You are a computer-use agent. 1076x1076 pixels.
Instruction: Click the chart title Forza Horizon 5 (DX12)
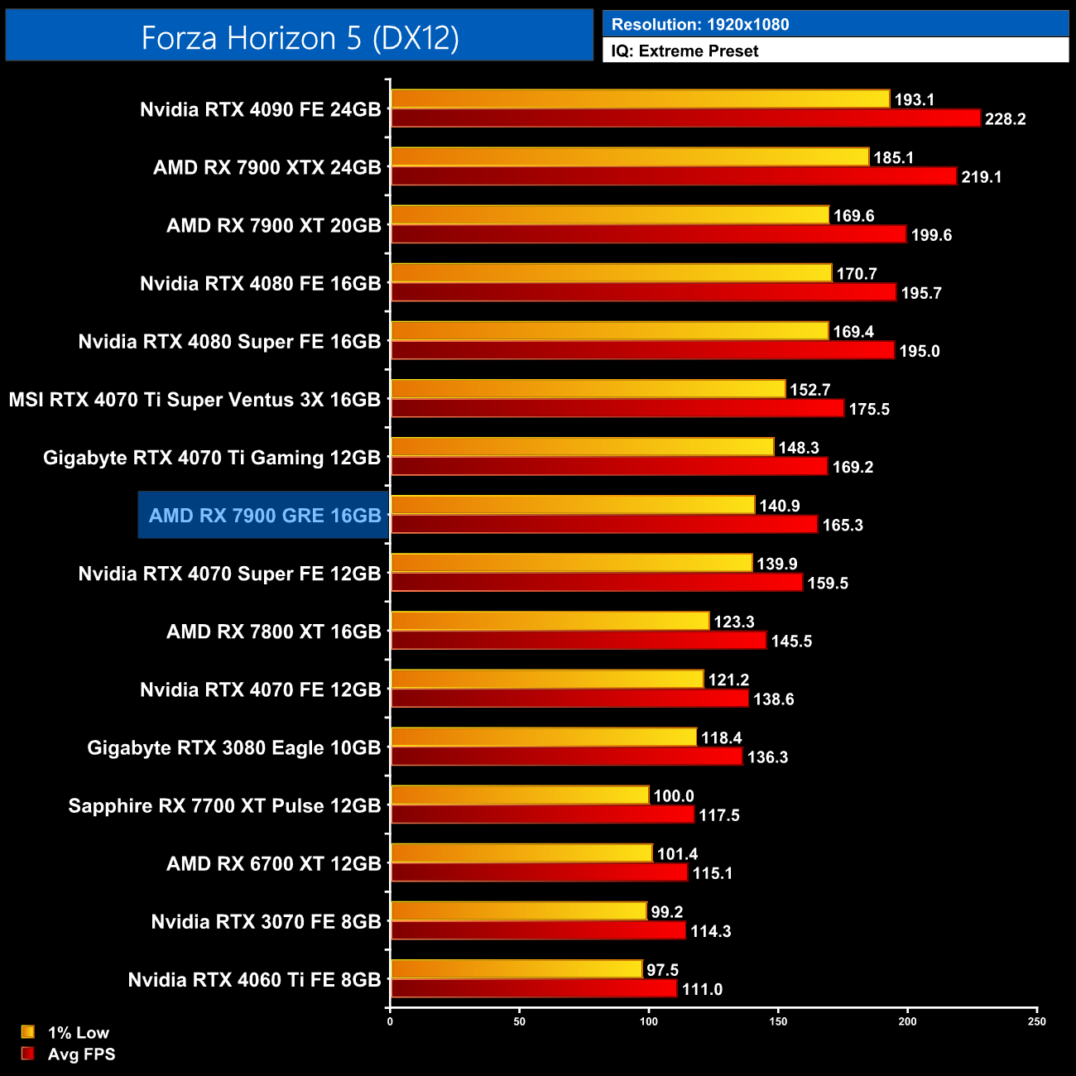click(300, 38)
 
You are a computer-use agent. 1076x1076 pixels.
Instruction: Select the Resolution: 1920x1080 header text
click(700, 25)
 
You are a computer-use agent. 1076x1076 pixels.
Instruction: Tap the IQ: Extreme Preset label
click(685, 51)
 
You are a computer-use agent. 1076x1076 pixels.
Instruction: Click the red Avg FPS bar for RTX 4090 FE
click(685, 118)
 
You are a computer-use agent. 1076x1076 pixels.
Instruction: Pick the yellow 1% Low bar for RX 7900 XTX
click(630, 157)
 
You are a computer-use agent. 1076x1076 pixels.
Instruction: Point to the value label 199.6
click(931, 235)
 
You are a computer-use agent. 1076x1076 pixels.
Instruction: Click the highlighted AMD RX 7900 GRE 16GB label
click(265, 516)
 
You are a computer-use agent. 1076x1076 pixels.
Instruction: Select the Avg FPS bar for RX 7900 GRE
click(604, 525)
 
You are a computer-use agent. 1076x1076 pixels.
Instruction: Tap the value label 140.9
click(780, 506)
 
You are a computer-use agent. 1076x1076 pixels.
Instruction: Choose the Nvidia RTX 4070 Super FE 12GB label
click(229, 574)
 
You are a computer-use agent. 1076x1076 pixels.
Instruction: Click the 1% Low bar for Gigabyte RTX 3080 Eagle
click(544, 737)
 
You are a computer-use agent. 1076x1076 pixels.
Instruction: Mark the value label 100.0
click(674, 796)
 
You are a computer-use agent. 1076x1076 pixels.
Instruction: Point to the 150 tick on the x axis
click(778, 1021)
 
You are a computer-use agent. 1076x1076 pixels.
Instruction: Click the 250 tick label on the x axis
click(1037, 1021)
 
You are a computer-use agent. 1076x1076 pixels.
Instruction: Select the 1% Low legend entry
click(78, 1033)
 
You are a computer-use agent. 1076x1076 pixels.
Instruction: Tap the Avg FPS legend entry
click(81, 1054)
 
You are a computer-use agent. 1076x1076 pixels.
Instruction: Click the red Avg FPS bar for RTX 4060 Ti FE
click(534, 989)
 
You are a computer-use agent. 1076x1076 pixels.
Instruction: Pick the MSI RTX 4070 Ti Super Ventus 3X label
click(195, 400)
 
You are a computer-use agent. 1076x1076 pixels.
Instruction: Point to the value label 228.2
click(1005, 119)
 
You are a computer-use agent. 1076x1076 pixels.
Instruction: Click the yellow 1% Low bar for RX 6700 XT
click(521, 853)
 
